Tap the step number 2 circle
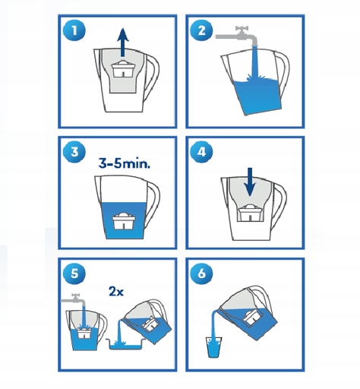[x=201, y=31]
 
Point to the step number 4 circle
[x=201, y=151]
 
